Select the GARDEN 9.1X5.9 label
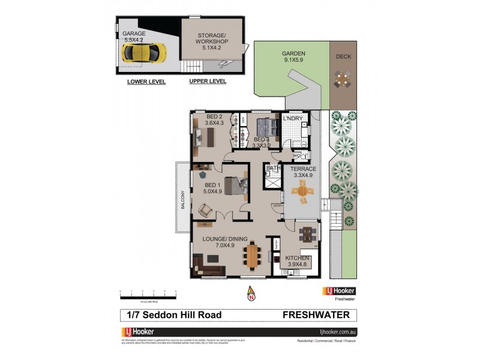293,57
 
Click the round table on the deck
343,78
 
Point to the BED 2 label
214,119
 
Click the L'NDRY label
292,119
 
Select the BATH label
273,169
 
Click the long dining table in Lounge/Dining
253,254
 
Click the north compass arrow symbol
251,293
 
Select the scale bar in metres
148,293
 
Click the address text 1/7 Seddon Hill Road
173,315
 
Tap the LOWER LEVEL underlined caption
146,82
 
